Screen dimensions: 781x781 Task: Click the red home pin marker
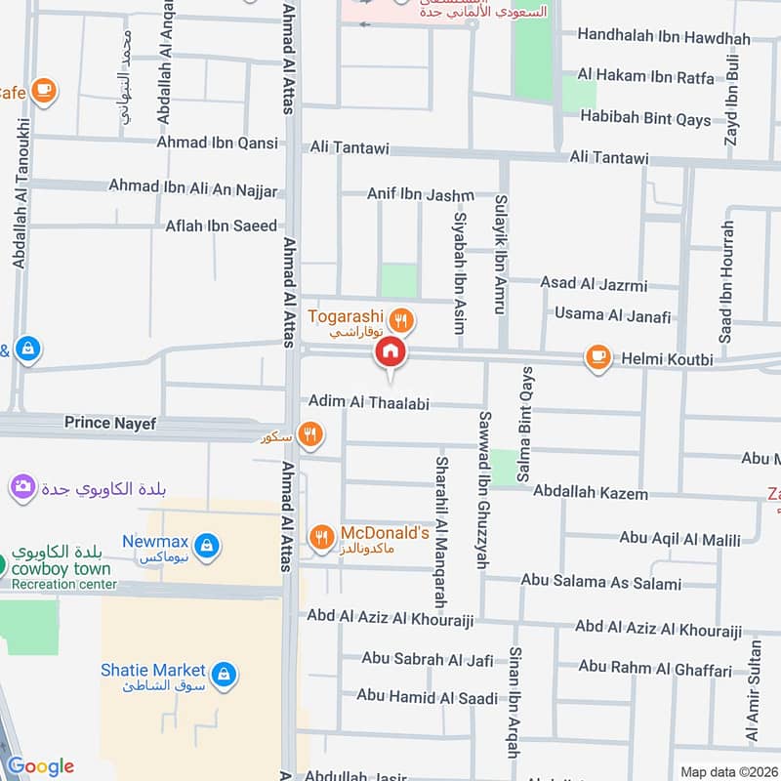390,351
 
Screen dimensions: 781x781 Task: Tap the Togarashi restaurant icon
399,319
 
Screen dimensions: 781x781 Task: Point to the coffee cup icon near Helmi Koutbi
597,358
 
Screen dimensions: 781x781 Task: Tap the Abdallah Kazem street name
591,494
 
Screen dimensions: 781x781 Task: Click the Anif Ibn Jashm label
420,194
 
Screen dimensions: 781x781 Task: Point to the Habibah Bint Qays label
645,118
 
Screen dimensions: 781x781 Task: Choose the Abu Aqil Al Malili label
679,539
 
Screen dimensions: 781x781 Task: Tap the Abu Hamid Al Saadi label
427,696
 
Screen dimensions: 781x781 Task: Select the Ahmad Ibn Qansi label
217,143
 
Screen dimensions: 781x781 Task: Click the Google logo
40,766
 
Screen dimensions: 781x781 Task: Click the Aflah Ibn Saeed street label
221,226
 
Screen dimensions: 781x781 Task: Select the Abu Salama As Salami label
600,584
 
